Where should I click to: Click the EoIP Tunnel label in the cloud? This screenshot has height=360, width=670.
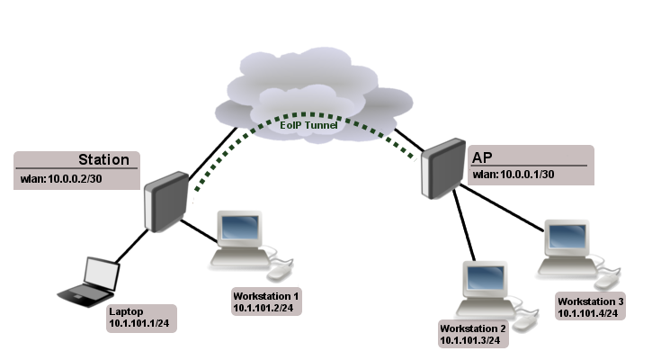tap(308, 126)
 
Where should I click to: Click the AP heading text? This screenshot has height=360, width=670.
tap(483, 157)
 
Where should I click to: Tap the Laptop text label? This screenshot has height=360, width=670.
tap(125, 310)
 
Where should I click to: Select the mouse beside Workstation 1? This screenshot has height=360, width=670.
tap(281, 270)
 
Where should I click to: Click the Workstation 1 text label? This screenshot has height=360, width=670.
tap(265, 296)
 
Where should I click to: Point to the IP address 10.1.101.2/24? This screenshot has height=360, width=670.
tap(265, 308)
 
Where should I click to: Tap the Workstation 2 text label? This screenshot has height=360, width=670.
tap(473, 329)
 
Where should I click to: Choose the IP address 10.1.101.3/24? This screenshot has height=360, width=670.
tap(473, 342)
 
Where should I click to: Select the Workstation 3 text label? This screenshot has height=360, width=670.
tap(590, 301)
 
